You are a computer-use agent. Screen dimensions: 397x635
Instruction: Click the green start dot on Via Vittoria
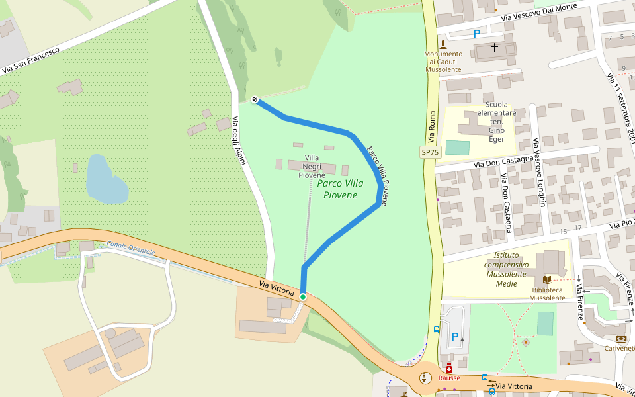pyautogui.click(x=303, y=297)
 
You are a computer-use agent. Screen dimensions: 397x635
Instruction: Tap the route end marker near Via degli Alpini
pyautogui.click(x=255, y=99)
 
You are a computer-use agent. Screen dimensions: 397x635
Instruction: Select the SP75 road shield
pyautogui.click(x=430, y=152)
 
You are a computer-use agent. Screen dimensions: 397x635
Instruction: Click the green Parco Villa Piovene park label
pyautogui.click(x=340, y=189)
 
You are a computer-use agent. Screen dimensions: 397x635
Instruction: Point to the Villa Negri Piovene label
pyautogui.click(x=312, y=166)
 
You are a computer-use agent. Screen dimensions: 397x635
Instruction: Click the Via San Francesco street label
pyautogui.click(x=31, y=59)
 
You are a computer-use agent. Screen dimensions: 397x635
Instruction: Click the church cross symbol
pyautogui.click(x=495, y=48)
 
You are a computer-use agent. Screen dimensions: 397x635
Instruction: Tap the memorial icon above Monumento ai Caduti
pyautogui.click(x=443, y=44)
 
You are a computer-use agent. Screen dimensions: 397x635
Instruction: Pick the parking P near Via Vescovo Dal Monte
pyautogui.click(x=477, y=34)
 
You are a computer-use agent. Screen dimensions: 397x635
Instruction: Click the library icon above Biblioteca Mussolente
pyautogui.click(x=547, y=280)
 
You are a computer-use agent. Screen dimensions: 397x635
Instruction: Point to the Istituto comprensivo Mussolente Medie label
pyautogui.click(x=515, y=269)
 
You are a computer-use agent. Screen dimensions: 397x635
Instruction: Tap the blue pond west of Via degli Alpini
pyautogui.click(x=106, y=180)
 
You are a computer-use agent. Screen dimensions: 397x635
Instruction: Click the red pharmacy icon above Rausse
pyautogui.click(x=449, y=368)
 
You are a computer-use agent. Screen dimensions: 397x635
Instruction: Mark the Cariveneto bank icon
pyautogui.click(x=620, y=339)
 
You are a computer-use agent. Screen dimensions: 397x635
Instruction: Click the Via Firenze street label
pyautogui.click(x=579, y=298)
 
